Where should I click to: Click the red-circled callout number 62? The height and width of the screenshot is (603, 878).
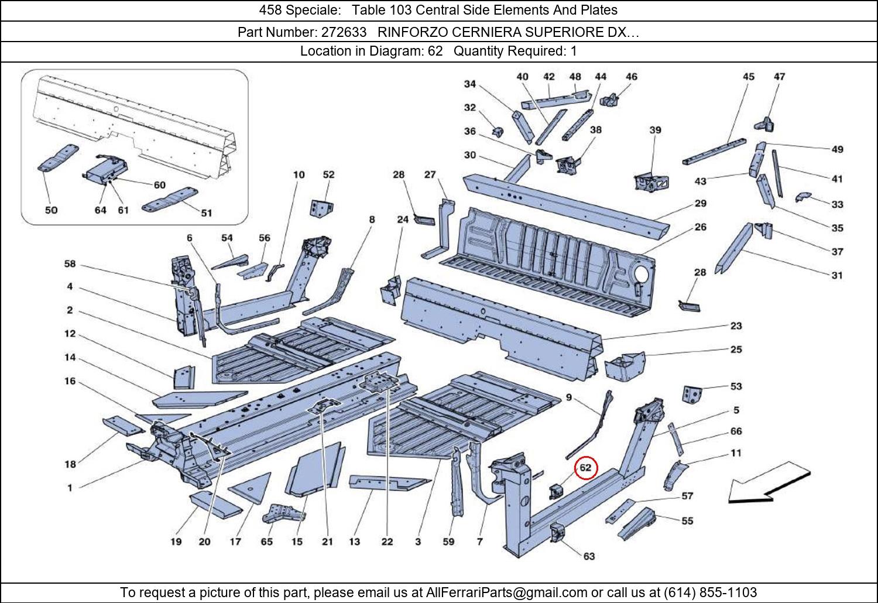pyautogui.click(x=586, y=468)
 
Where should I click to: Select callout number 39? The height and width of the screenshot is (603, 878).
pyautogui.click(x=655, y=130)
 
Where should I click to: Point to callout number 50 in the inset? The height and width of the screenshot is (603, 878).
pyautogui.click(x=51, y=210)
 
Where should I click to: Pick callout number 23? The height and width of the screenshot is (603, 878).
pyautogui.click(x=736, y=326)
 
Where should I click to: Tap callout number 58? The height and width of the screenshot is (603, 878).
pyautogui.click(x=70, y=264)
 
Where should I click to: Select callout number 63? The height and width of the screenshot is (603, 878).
pyautogui.click(x=589, y=556)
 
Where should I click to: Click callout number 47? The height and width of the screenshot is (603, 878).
pyautogui.click(x=779, y=77)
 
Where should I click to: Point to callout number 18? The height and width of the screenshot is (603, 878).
pyautogui.click(x=70, y=464)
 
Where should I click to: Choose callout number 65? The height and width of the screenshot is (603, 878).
pyautogui.click(x=266, y=542)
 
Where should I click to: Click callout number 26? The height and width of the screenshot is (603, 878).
pyautogui.click(x=700, y=227)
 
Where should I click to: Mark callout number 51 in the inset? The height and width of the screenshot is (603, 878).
pyautogui.click(x=206, y=213)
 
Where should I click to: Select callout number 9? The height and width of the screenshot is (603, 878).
pyautogui.click(x=568, y=398)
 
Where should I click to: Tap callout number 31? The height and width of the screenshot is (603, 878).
pyautogui.click(x=837, y=275)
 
